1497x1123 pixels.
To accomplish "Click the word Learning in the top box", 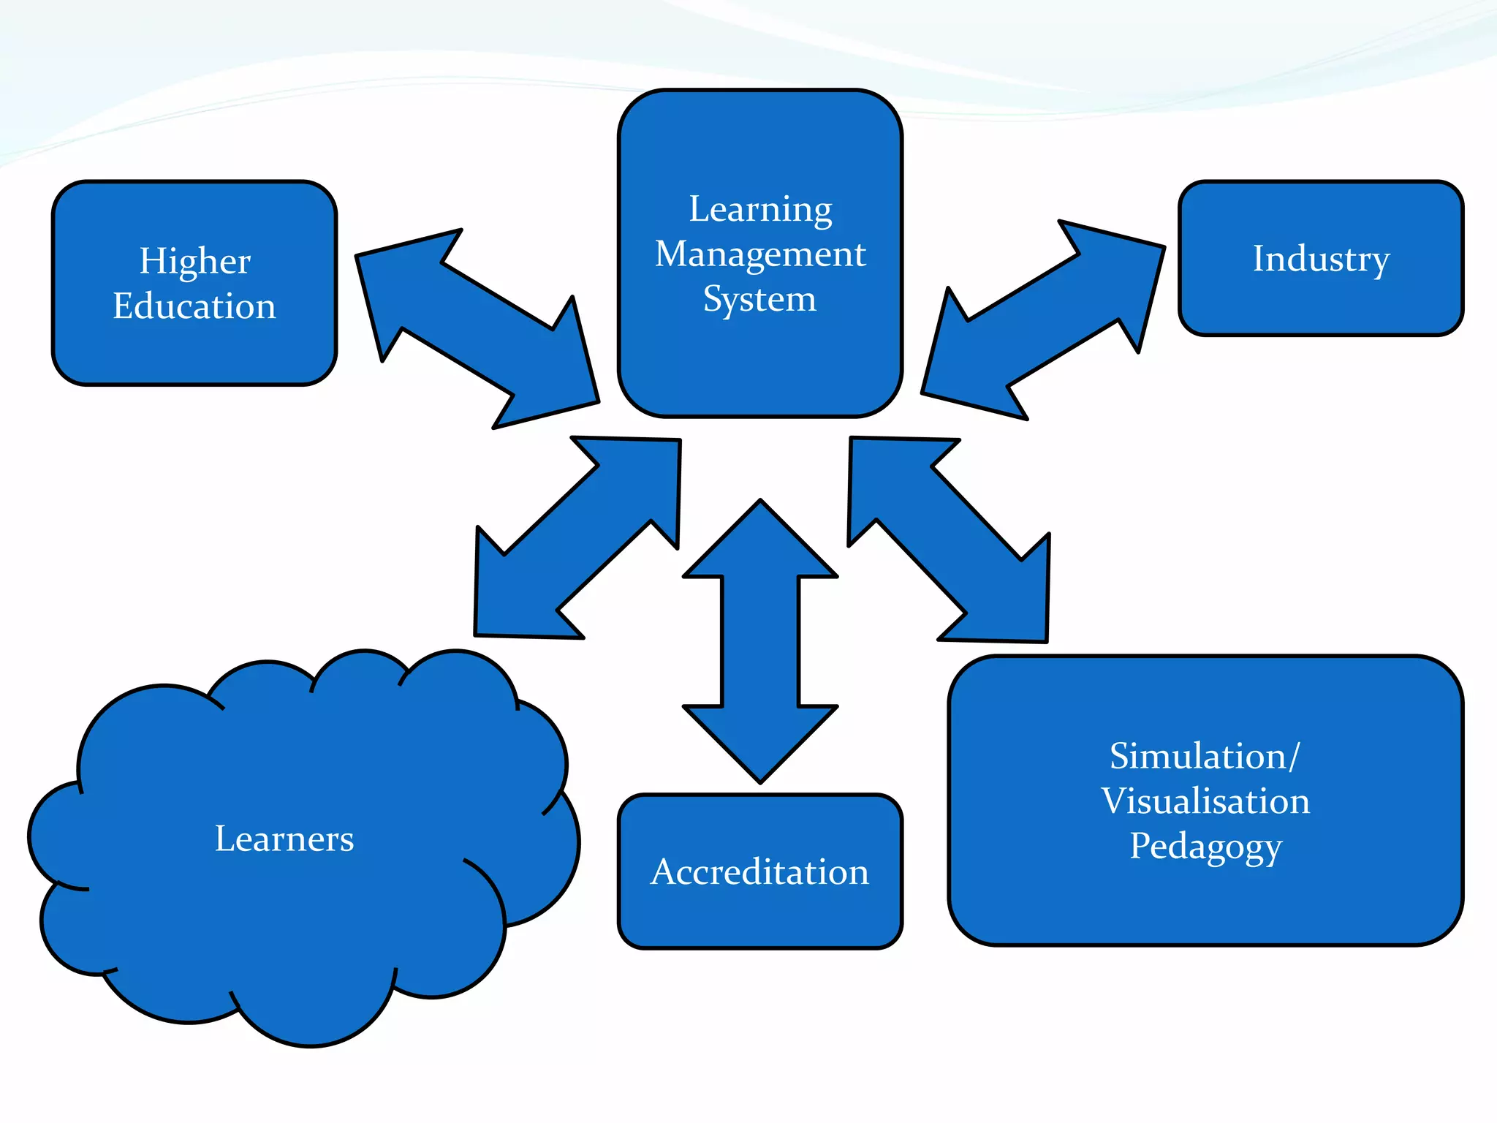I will click(x=760, y=210).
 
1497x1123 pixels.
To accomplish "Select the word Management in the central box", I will click(x=760, y=254).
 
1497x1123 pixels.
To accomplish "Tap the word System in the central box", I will click(x=759, y=299).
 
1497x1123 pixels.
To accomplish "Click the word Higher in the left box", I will click(x=195, y=261).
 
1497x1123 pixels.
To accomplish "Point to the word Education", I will click(x=194, y=306).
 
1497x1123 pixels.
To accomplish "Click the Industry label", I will click(x=1321, y=259).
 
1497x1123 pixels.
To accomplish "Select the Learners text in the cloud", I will click(x=284, y=839).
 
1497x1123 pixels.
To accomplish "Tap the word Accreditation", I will click(x=760, y=871).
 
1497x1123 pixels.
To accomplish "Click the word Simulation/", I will click(x=1205, y=756).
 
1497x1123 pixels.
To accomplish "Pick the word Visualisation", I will click(x=1205, y=801).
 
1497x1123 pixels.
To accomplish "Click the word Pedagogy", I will click(x=1205, y=847).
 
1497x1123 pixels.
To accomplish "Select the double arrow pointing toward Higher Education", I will click(x=477, y=328).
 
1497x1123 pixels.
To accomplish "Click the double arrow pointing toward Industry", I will click(x=1043, y=319).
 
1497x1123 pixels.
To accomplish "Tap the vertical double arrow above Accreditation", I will click(x=760, y=641).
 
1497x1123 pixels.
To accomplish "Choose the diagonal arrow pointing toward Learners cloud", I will click(x=577, y=537).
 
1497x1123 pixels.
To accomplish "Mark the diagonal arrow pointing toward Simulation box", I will click(x=949, y=540).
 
